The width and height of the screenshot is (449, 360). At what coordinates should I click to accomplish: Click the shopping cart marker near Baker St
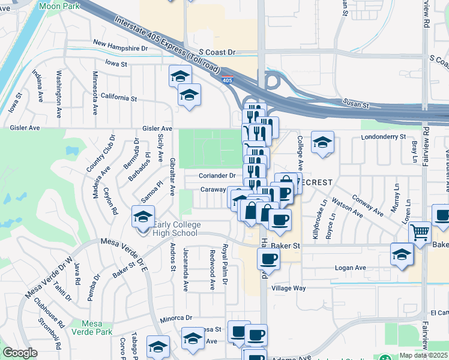[420, 233]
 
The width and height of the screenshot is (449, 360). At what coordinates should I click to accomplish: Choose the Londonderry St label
[384, 137]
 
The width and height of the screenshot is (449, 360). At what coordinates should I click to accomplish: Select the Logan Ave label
[350, 268]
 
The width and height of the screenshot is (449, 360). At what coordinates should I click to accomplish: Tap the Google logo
[20, 353]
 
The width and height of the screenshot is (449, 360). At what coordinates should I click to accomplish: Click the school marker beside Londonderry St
[322, 143]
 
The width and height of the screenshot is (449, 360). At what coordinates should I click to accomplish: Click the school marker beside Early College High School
[143, 218]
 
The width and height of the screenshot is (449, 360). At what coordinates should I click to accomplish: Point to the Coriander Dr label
[218, 176]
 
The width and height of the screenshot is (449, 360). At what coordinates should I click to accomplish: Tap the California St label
[119, 97]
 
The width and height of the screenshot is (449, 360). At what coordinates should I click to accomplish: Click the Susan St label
[356, 104]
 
